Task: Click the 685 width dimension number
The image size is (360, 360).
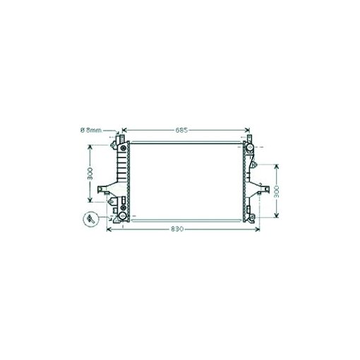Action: pyautogui.click(x=181, y=130)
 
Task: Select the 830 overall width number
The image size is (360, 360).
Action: pyautogui.click(x=177, y=229)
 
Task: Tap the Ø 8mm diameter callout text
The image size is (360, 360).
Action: pyautogui.click(x=91, y=130)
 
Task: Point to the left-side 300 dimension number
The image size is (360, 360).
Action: pyautogui.click(x=90, y=174)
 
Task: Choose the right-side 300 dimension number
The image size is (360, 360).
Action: pyautogui.click(x=277, y=191)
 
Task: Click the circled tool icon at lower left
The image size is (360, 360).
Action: pyautogui.click(x=90, y=219)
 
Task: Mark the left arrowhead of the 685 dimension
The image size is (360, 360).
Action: pyautogui.click(x=125, y=130)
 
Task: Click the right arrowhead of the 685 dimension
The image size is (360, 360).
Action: pyautogui.click(x=247, y=130)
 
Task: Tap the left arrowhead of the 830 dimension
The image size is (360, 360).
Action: pyautogui.click(x=109, y=229)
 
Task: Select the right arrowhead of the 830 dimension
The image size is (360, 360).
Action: pyautogui.click(x=257, y=229)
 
